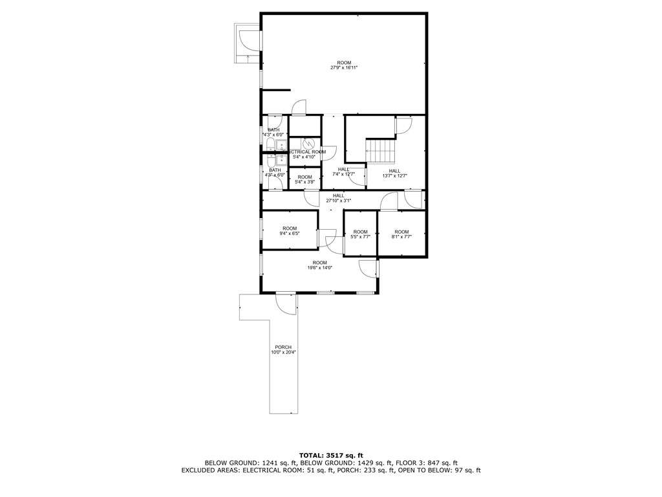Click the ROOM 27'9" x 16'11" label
tap(344, 65)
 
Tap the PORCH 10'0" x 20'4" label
tap(283, 350)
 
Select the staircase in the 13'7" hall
tap(381, 151)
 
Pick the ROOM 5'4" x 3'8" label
tap(304, 179)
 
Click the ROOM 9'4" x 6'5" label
tap(289, 231)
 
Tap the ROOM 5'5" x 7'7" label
tap(360, 234)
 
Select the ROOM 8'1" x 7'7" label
tap(401, 234)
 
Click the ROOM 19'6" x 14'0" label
tap(319, 265)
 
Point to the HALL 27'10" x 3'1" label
tap(338, 198)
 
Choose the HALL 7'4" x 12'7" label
tap(343, 172)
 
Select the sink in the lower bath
tap(282, 160)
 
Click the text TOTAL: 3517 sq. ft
tap(331, 455)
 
